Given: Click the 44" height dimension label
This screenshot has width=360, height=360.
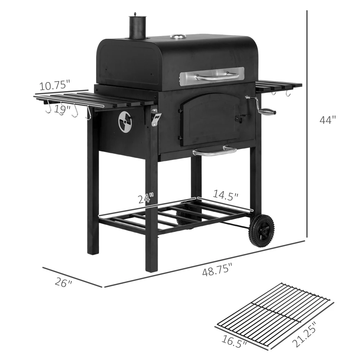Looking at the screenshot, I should (327, 120).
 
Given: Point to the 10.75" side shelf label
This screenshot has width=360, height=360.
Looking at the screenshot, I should (54, 86).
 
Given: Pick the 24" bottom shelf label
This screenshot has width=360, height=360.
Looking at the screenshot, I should (146, 198).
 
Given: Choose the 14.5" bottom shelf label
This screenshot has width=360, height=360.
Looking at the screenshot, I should (225, 196).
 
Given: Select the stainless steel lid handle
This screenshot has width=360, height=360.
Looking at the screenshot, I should (217, 76).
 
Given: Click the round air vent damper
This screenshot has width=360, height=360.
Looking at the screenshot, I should (125, 121).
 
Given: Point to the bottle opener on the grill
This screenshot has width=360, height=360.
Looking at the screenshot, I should (156, 117).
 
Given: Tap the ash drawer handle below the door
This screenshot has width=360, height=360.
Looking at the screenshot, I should (215, 151).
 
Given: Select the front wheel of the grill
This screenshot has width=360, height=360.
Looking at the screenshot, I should (261, 231).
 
